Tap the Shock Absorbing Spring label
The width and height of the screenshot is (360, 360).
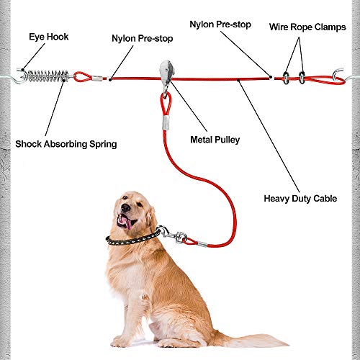click(66, 144)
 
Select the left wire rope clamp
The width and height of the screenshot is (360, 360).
click(286, 76)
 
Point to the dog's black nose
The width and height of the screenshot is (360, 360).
click(120, 209)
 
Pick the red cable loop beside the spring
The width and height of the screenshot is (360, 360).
click(82, 75)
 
